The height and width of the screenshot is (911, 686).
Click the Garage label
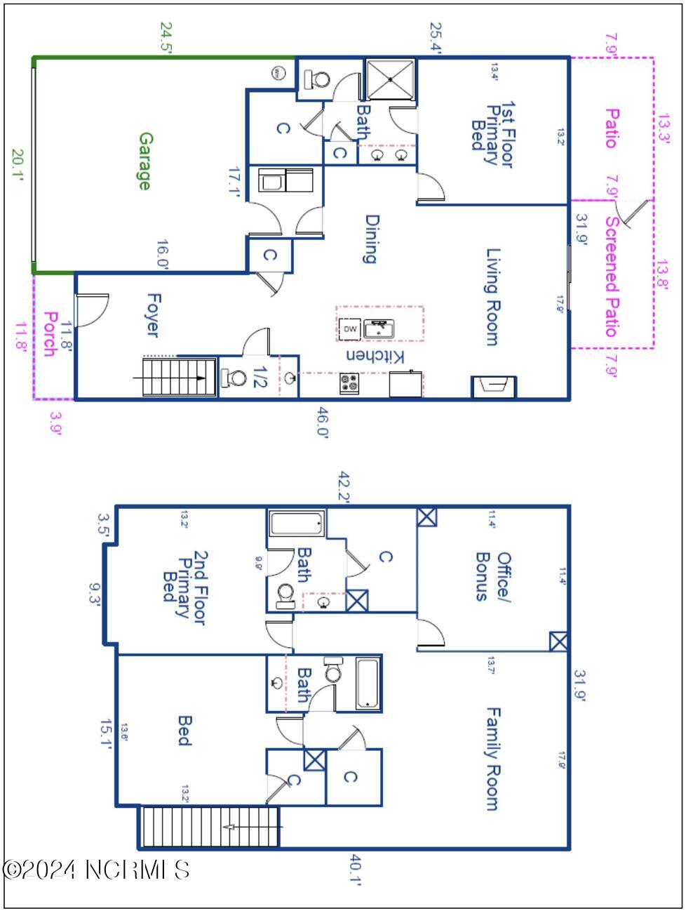click(x=144, y=161)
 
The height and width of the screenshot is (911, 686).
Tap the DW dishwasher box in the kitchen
click(x=350, y=328)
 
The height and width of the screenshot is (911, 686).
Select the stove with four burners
click(x=350, y=383)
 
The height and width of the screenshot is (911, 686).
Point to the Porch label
click(x=49, y=334)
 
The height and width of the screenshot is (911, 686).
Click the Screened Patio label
click(x=611, y=277)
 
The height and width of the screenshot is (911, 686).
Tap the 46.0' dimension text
click(x=322, y=421)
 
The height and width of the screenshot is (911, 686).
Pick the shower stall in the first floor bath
click(x=390, y=79)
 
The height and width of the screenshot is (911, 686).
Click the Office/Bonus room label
click(x=493, y=576)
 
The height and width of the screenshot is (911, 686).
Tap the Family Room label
click(x=493, y=759)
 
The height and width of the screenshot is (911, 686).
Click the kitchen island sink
click(x=379, y=328)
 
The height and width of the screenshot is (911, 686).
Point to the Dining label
click(x=371, y=239)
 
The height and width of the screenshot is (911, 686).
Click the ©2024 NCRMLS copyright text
click(x=96, y=870)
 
